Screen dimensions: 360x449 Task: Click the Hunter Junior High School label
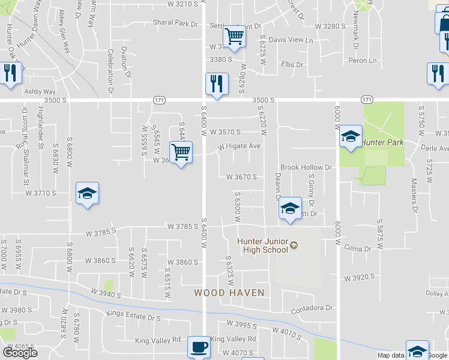[263, 245]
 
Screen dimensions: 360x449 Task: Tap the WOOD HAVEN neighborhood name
[229, 293]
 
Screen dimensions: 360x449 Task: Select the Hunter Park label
[382, 142]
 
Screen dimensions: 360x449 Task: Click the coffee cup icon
[199, 347]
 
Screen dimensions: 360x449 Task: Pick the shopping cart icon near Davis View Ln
[234, 36]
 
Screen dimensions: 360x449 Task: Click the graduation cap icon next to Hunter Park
[351, 136]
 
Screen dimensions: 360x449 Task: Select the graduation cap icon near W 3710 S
[88, 193]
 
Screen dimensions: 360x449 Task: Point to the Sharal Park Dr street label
[175, 24]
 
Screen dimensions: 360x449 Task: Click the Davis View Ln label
[291, 40]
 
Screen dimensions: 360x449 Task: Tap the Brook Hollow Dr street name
[306, 167]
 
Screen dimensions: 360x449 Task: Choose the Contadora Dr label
[312, 308]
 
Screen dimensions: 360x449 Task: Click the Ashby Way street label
[40, 92]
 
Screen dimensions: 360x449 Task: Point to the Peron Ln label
[363, 61]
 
